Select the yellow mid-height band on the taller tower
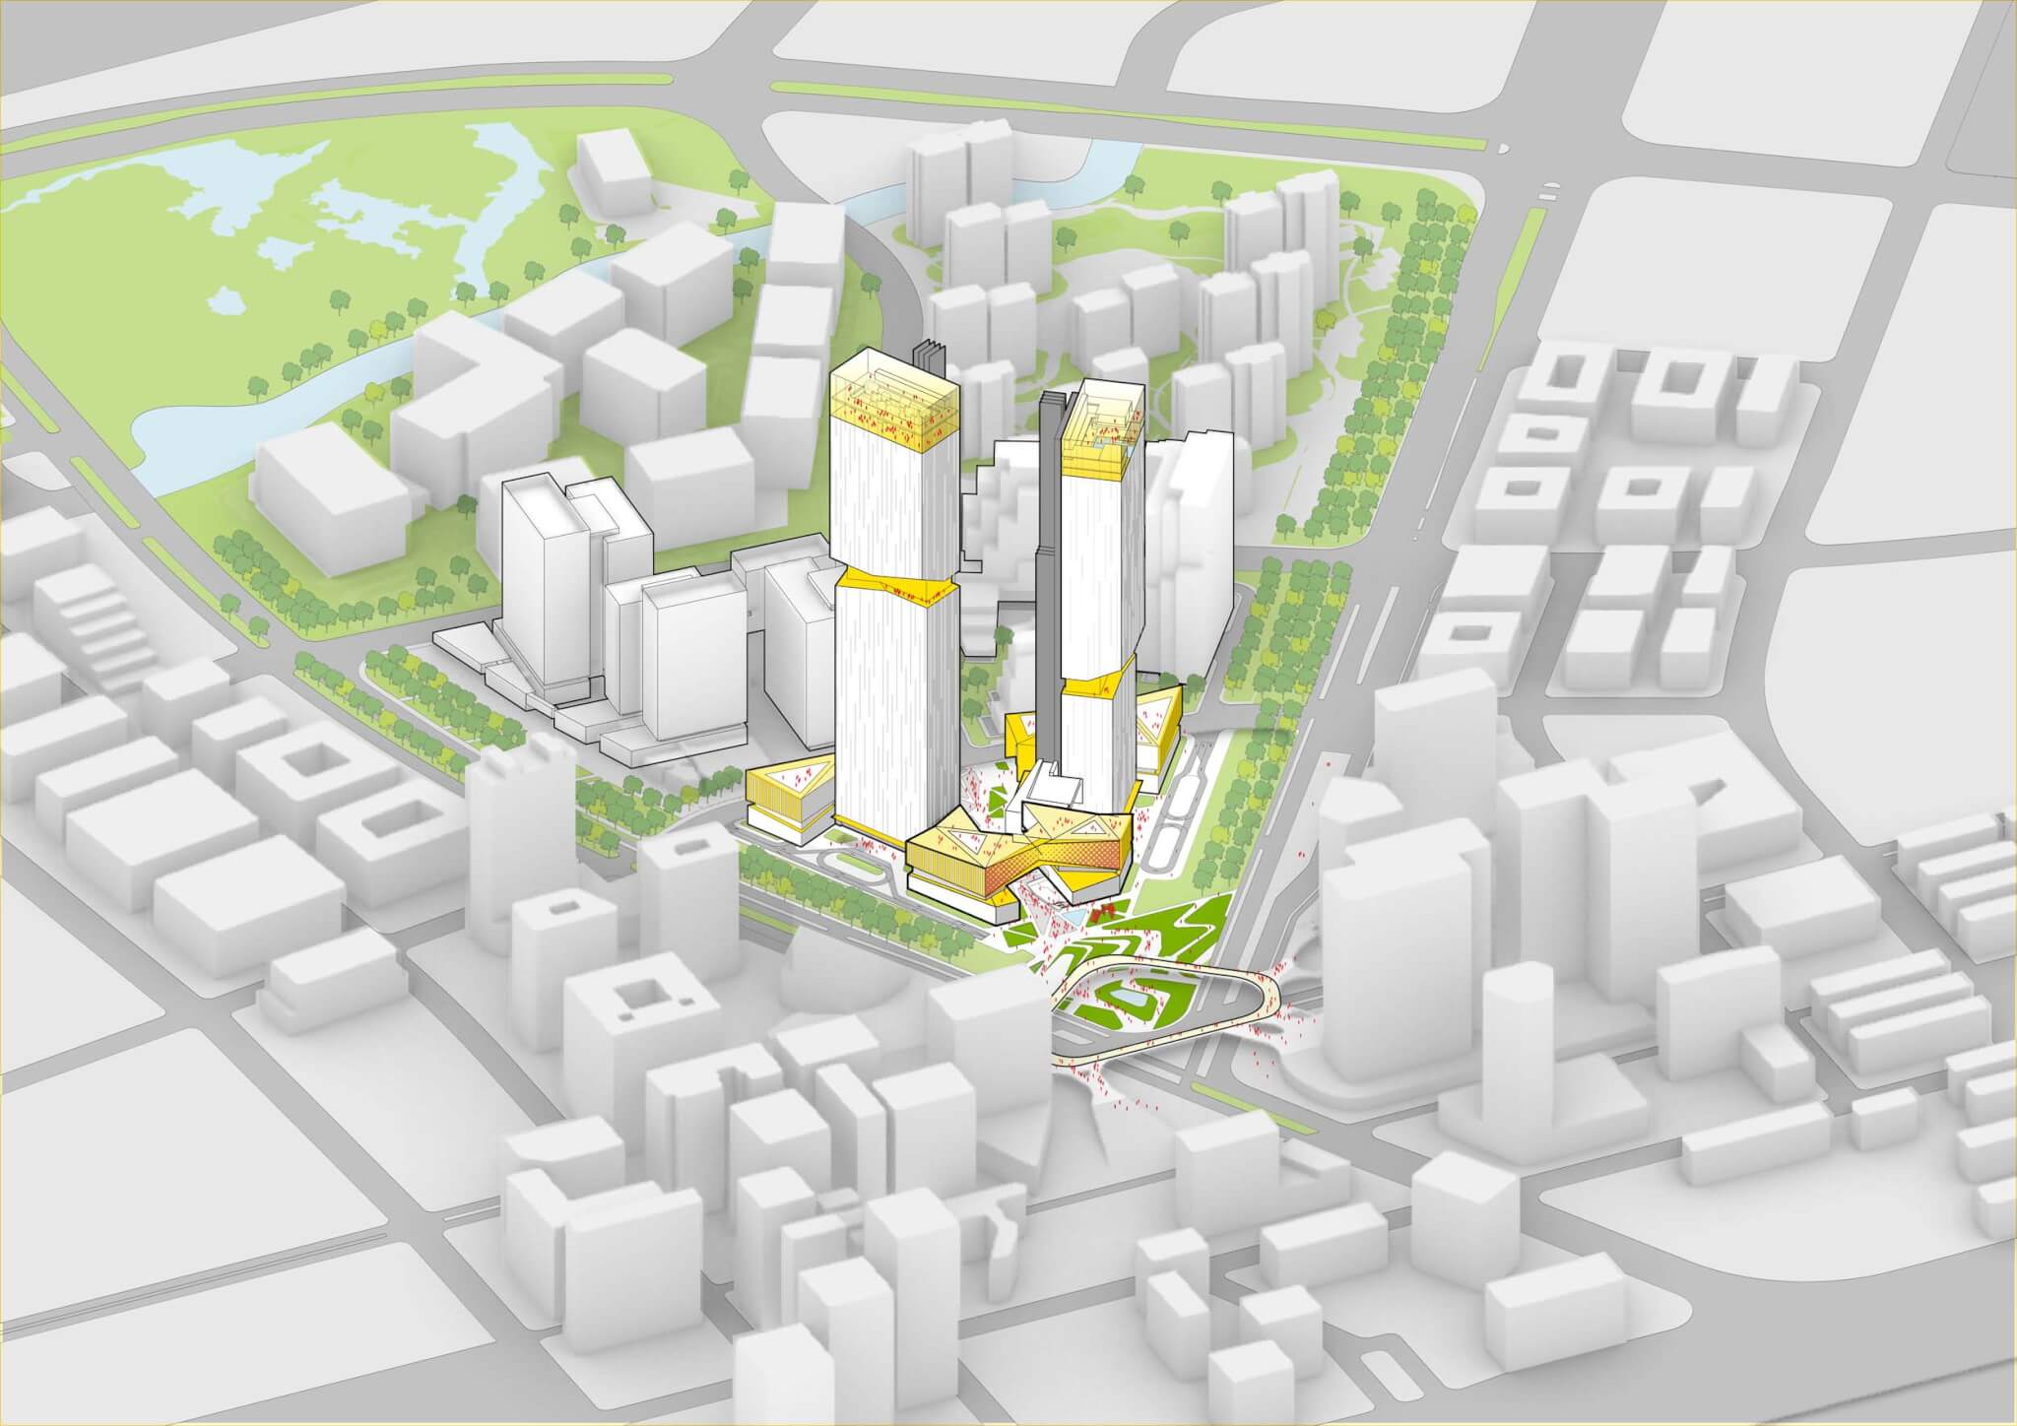pyautogui.click(x=896, y=581)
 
